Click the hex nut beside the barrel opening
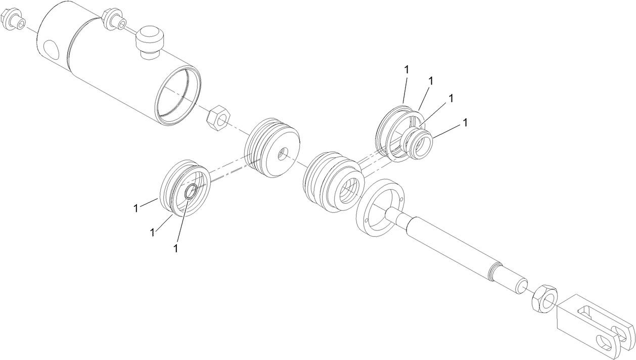(218, 118)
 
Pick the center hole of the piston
(283, 153)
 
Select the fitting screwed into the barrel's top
(112, 19)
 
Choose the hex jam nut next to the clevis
(544, 298)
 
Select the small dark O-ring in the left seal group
(191, 192)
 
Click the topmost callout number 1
(406, 69)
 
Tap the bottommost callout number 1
(175, 248)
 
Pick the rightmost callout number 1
(466, 122)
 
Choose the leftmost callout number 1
(135, 208)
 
